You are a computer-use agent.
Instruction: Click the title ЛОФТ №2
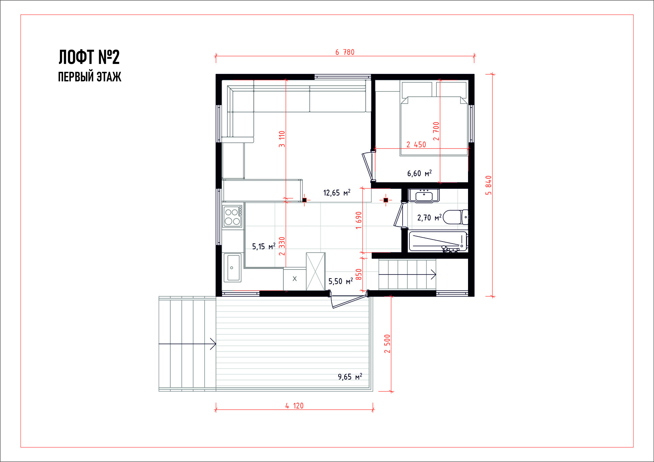click(89, 57)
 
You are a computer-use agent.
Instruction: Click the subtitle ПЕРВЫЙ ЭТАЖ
click(90, 77)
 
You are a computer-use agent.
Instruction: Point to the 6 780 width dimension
click(345, 52)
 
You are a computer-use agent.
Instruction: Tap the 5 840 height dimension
click(488, 185)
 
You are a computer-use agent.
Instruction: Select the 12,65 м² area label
click(337, 193)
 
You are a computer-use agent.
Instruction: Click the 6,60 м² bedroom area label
click(419, 174)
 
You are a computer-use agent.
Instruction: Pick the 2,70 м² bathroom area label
click(429, 218)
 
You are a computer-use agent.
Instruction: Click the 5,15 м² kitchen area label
click(264, 246)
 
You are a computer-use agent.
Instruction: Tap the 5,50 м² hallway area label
click(341, 281)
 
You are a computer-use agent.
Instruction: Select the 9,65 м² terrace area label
click(350, 377)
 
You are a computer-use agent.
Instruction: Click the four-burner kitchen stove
click(233, 216)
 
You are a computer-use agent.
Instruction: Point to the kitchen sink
click(233, 267)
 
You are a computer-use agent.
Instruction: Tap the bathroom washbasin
click(424, 196)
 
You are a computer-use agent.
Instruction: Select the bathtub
click(438, 242)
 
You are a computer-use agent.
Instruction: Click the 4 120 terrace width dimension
click(294, 406)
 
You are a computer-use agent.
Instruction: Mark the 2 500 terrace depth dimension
click(387, 344)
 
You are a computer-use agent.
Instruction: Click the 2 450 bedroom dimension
click(416, 145)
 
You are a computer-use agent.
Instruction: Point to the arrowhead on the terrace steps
click(213, 344)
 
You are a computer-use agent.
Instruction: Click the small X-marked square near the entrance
click(295, 279)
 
